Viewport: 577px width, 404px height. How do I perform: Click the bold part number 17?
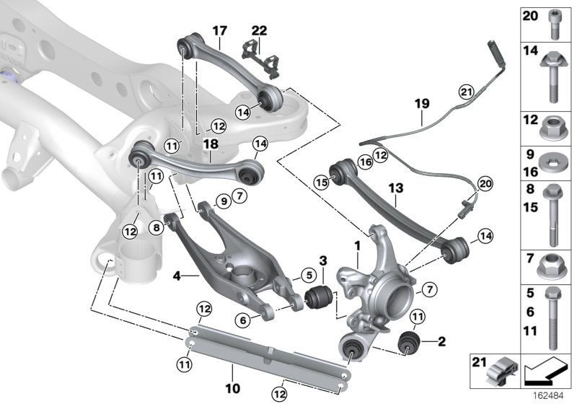(x=219, y=30)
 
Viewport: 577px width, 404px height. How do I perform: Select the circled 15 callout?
(x=321, y=184)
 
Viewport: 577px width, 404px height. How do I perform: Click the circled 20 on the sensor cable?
(x=483, y=185)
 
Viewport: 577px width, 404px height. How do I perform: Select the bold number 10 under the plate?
(x=233, y=389)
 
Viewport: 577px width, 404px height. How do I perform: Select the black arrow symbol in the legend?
(x=544, y=371)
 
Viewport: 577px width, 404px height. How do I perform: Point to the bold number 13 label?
(x=397, y=188)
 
